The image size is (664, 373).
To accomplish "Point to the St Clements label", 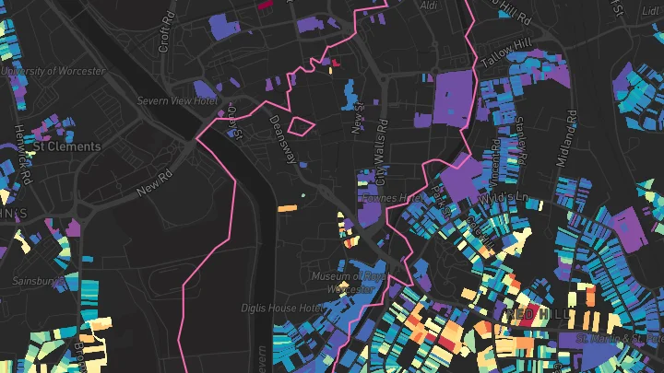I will [66, 146].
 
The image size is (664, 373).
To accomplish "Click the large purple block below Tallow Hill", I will [451, 97].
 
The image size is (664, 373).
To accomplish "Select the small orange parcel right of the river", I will [287, 209].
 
